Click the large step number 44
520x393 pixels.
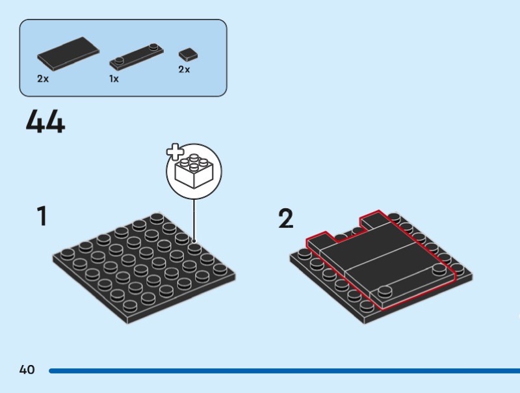pos(45,122)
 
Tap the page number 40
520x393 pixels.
pos(27,370)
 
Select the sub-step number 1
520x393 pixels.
pos(42,216)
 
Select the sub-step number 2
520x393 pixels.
pos(285,219)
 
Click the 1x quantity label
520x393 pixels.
pos(114,79)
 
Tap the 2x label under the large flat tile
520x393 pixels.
pos(43,79)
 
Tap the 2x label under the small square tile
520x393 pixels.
pos(184,69)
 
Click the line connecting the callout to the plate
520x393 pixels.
pos(194,221)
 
